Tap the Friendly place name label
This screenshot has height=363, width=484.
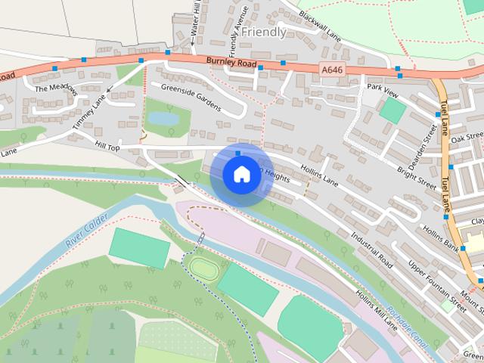264,32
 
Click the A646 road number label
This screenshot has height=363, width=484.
331,69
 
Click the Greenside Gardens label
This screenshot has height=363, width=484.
185,96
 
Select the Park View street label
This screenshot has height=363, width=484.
382,88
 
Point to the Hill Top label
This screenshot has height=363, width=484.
107,144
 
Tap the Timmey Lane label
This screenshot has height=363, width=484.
90,113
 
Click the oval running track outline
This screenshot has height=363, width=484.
202,267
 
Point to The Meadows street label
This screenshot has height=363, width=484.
56,88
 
